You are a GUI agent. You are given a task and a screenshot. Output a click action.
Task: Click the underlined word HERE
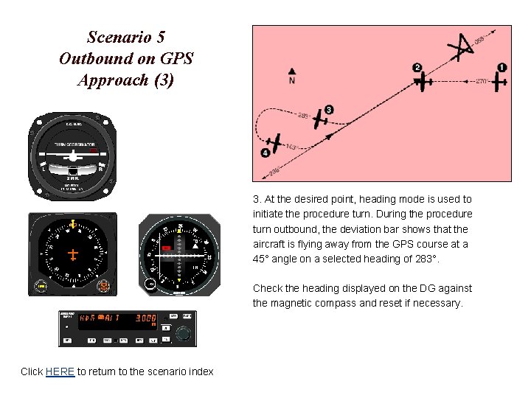click(60, 371)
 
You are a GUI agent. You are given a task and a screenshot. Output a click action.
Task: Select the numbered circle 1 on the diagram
click(502, 68)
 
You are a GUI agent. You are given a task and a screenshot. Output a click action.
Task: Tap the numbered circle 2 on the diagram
click(417, 68)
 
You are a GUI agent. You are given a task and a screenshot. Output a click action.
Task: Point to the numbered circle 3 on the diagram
click(329, 110)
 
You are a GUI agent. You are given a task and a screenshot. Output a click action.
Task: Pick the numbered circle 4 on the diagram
click(265, 153)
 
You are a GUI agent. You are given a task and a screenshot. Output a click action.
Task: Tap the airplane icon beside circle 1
click(499, 80)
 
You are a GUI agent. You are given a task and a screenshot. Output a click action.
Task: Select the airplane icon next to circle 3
click(319, 119)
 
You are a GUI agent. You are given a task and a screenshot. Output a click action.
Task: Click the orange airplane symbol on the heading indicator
click(73, 254)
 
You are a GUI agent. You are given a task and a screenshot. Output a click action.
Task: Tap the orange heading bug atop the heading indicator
click(73, 223)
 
